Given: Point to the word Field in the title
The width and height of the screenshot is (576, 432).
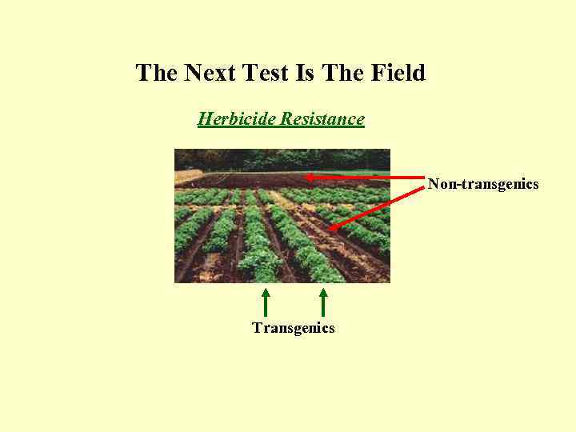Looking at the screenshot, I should (398, 74).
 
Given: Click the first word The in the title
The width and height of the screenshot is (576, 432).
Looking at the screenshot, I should (157, 74).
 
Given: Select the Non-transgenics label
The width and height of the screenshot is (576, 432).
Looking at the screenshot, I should (483, 185).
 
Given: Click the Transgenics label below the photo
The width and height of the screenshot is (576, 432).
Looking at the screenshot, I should (293, 328).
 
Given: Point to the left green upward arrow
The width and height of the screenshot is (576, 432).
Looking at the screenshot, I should (266, 302).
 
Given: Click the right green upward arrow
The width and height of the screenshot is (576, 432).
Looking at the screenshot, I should (323, 302).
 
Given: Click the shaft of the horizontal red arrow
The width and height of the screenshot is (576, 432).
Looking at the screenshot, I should (368, 177).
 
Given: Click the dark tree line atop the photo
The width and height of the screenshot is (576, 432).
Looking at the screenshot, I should (282, 158).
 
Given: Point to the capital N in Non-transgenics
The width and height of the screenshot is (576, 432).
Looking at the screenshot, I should (433, 185).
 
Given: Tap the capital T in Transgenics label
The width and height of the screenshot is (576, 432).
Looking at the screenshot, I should (256, 328).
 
